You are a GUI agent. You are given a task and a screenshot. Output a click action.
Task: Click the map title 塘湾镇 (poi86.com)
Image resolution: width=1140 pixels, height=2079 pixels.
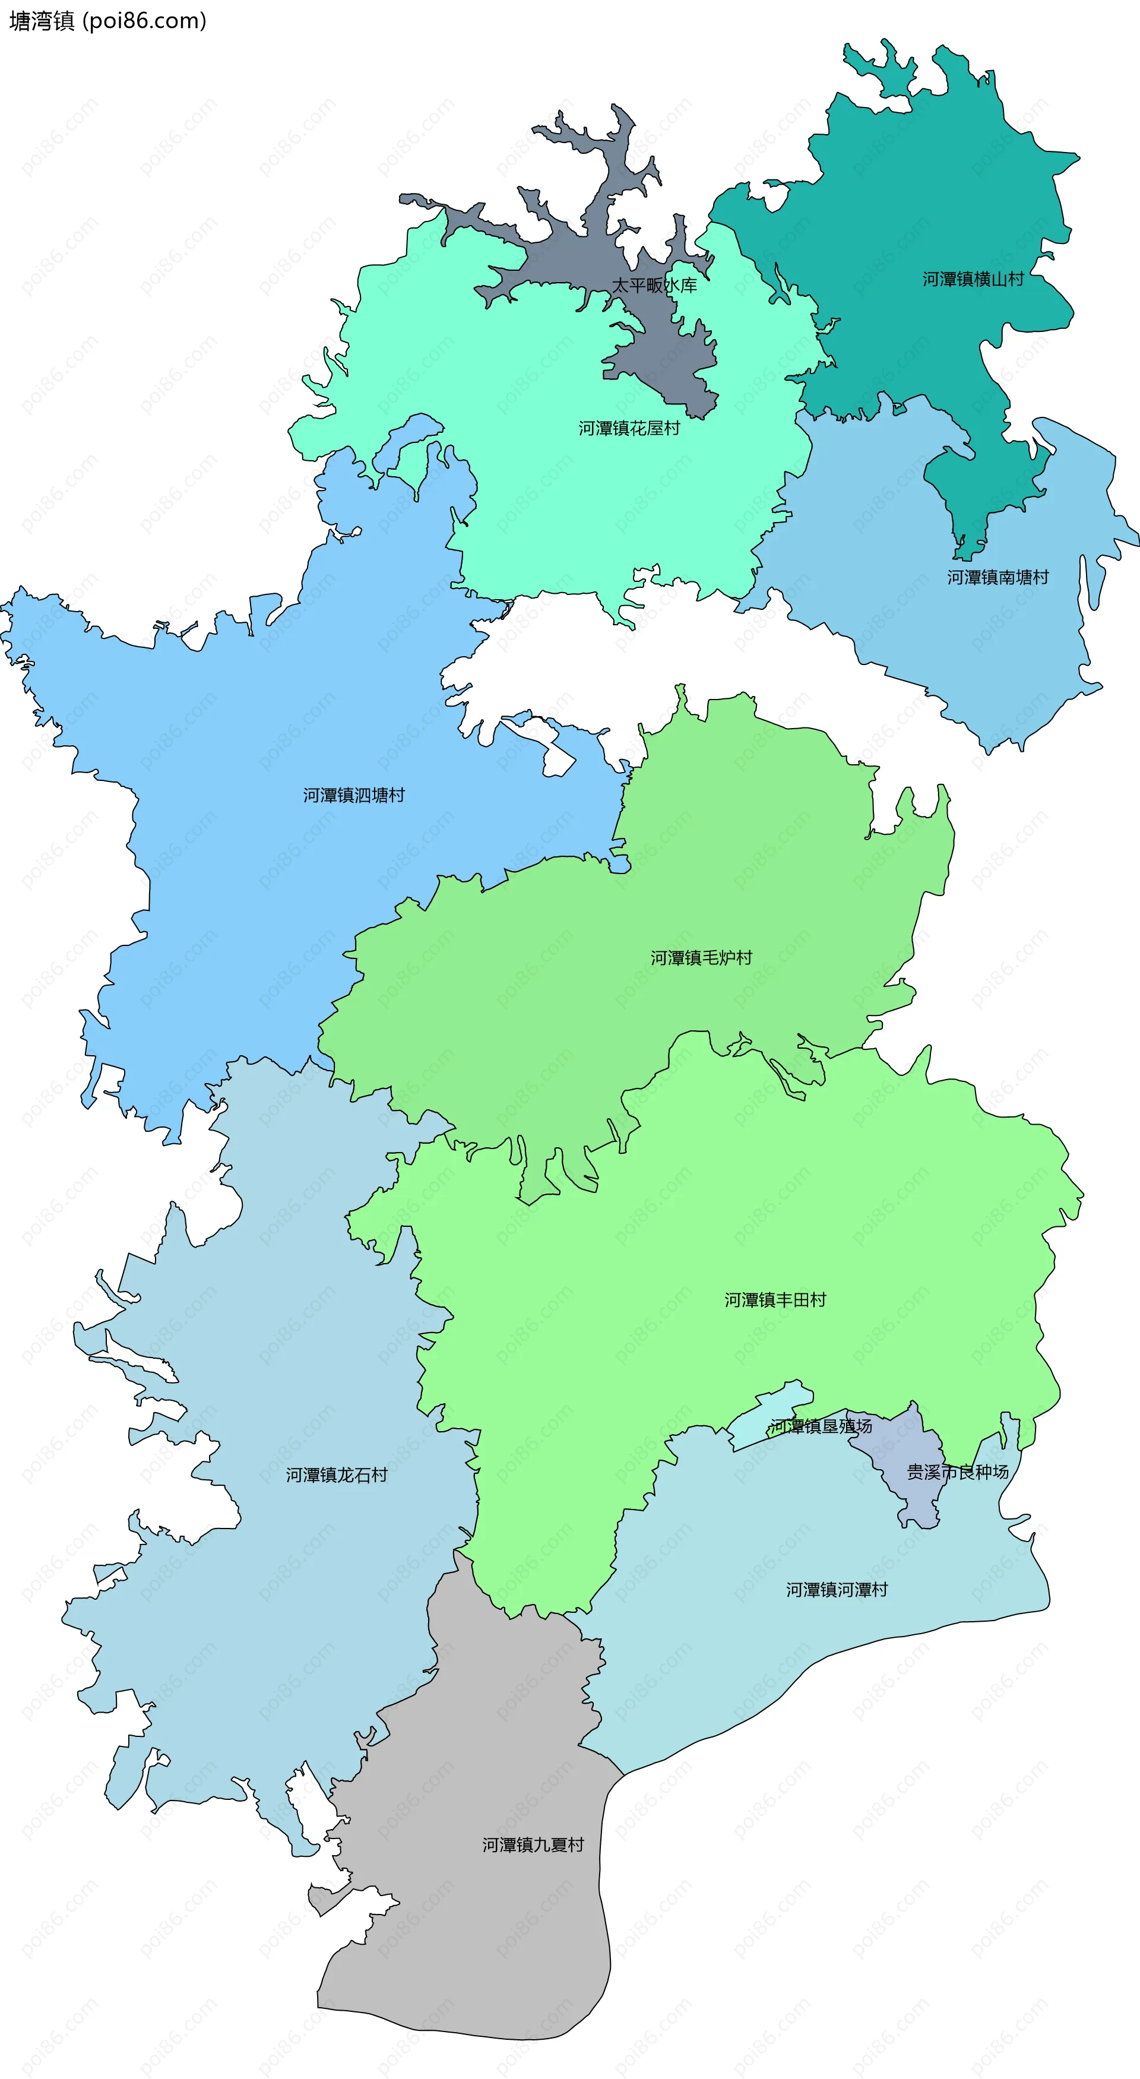pyautogui.click(x=108, y=21)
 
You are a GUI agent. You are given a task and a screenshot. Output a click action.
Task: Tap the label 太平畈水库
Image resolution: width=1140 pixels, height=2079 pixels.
pyautogui.click(x=654, y=285)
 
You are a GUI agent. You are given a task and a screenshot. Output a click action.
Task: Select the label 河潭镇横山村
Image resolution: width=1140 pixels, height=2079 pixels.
pyautogui.click(x=973, y=279)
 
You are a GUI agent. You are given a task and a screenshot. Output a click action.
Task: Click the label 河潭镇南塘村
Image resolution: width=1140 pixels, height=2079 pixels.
pyautogui.click(x=997, y=577)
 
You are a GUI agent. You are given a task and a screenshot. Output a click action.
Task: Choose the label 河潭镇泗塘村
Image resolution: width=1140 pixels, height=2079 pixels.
pyautogui.click(x=353, y=795)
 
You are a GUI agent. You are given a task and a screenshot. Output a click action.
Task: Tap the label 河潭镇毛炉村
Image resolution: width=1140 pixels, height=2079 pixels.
pyautogui.click(x=701, y=958)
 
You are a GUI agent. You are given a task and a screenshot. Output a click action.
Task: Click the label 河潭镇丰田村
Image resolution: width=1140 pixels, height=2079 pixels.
pyautogui.click(x=774, y=1299)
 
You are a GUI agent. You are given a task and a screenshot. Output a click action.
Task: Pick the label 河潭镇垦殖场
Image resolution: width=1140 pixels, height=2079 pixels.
pyautogui.click(x=821, y=1426)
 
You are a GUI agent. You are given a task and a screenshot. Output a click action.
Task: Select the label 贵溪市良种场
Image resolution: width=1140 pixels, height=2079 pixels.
pyautogui.click(x=957, y=1472)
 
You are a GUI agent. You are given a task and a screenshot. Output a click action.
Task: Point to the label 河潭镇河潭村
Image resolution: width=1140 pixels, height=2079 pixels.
pyautogui.click(x=837, y=1589)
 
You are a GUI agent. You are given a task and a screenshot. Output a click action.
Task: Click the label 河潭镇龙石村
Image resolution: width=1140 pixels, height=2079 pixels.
pyautogui.click(x=337, y=1474)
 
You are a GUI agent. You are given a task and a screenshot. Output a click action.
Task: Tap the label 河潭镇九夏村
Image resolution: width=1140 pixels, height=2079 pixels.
pyautogui.click(x=533, y=1844)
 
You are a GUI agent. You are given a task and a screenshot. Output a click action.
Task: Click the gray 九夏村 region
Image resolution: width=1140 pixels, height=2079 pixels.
pyautogui.click(x=484, y=1937)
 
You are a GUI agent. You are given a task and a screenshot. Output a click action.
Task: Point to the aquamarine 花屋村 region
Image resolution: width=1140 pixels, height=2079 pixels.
pyautogui.click(x=565, y=501)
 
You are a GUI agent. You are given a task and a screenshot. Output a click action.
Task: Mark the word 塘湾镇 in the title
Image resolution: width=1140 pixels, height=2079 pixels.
pyautogui.click(x=42, y=21)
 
